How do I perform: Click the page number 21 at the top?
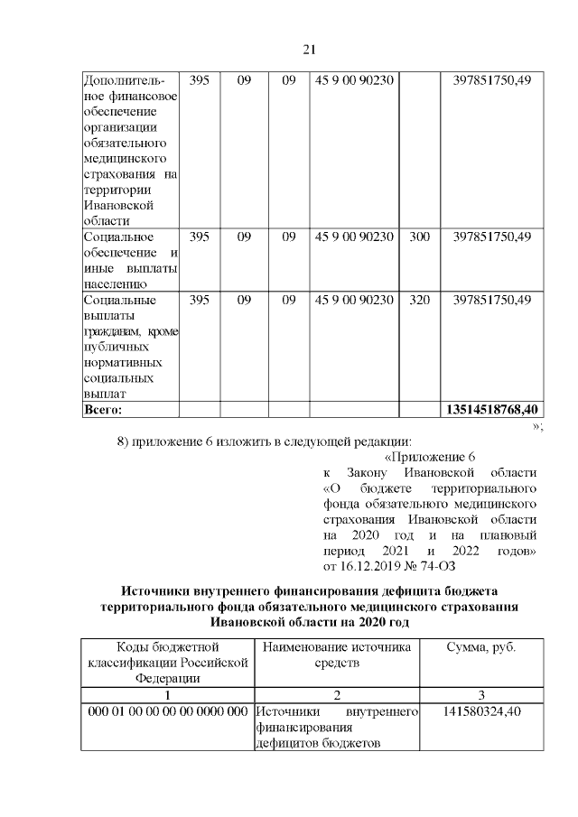(x=308, y=49)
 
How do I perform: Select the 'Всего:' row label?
(x=102, y=410)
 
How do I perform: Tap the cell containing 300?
(x=419, y=237)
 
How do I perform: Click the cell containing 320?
(x=419, y=301)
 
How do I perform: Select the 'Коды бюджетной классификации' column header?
(x=167, y=663)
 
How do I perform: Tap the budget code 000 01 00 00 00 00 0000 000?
(x=167, y=713)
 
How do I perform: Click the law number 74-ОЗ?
(x=433, y=566)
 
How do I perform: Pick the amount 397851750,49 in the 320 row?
(x=491, y=301)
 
